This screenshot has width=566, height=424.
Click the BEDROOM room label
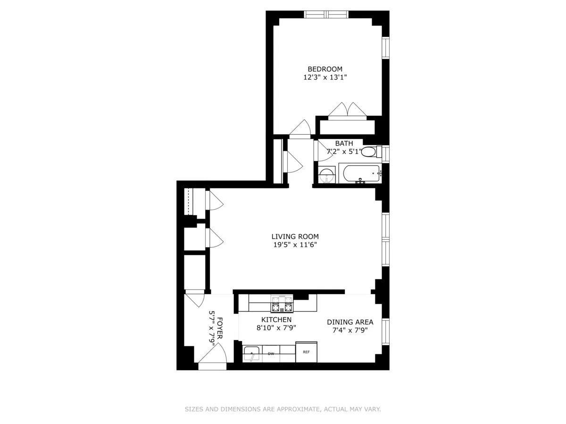point(325,69)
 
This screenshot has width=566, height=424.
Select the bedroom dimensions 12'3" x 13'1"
point(325,78)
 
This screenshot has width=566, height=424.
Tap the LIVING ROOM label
point(295,236)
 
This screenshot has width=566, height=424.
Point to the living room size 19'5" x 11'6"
point(295,245)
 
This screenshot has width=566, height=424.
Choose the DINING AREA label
point(350,322)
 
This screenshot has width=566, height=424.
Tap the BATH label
point(344,143)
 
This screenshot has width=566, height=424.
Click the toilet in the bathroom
point(370,152)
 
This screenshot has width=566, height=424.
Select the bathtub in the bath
point(361,173)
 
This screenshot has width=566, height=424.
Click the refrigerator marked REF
point(306,352)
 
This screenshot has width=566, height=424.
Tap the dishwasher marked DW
point(271,353)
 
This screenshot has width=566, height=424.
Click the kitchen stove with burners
point(282,304)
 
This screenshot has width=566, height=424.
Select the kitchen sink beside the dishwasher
point(251,353)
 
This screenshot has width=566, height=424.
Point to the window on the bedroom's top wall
point(326,14)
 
